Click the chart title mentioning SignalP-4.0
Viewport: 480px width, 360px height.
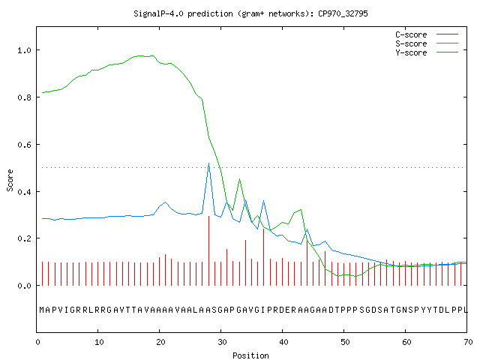250,13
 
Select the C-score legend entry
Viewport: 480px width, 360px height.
427,34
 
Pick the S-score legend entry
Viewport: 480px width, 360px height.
427,43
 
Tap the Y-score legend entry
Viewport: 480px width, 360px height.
427,52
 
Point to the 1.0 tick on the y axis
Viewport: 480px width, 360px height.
24,50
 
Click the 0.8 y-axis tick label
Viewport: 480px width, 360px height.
24,97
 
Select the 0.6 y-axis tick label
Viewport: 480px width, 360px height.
24,145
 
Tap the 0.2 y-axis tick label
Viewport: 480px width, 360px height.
24,238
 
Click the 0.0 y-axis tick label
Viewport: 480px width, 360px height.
24,286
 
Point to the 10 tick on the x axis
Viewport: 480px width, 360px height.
99,342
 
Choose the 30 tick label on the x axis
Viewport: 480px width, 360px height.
222,342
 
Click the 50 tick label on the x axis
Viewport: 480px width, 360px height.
345,342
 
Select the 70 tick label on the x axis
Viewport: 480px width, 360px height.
468,342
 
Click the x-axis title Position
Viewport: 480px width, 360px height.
250,355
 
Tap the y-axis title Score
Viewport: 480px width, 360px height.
10,180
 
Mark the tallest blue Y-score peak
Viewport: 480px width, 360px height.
208,163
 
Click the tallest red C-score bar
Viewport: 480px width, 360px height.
208,250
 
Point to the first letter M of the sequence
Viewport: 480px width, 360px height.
42,310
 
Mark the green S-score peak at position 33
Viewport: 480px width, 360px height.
239,179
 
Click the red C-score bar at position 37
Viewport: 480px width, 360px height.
263,257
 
